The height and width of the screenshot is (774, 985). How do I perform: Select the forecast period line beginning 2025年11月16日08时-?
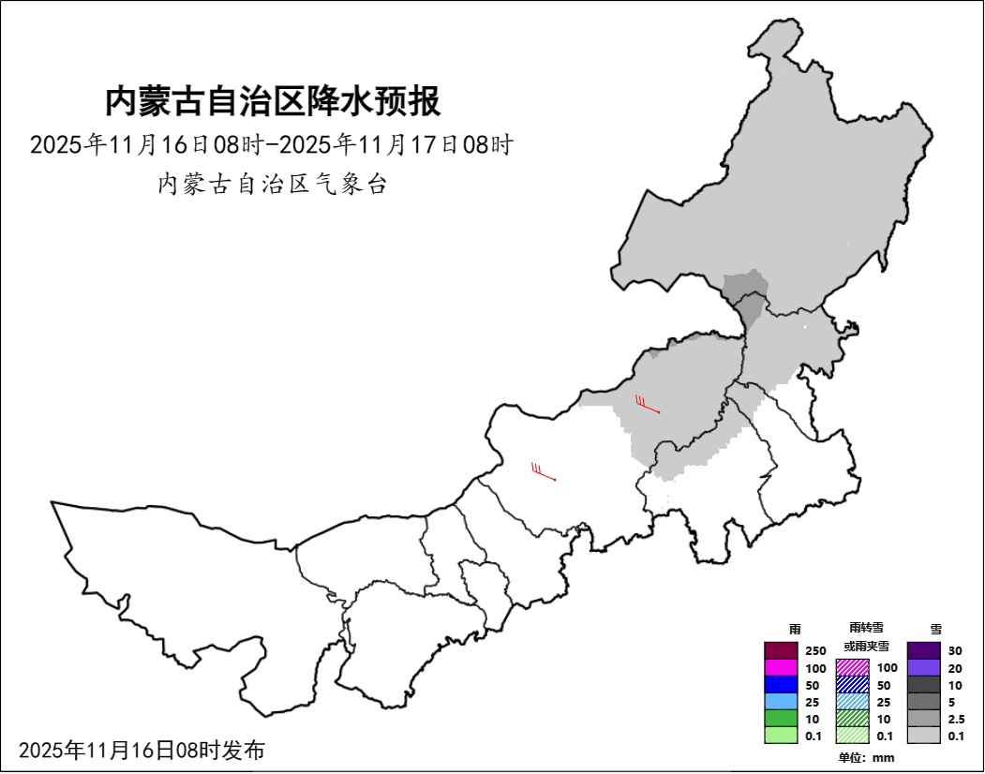click(x=272, y=145)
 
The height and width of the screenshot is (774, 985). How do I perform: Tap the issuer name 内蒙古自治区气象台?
click(x=272, y=185)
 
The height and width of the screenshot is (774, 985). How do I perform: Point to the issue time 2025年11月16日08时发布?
click(x=142, y=750)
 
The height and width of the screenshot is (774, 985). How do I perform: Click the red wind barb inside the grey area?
click(x=648, y=406)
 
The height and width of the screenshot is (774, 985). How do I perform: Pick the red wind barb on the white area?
click(x=544, y=472)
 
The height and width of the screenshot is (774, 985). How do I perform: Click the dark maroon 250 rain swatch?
click(x=780, y=650)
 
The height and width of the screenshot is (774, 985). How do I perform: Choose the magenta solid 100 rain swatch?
click(x=780, y=668)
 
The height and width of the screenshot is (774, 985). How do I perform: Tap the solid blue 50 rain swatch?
click(x=780, y=685)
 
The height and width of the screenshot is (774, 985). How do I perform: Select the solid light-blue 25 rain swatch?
click(x=780, y=702)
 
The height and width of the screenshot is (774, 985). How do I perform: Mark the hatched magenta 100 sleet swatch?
click(x=852, y=668)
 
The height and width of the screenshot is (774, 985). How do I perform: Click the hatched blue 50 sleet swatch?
click(x=852, y=685)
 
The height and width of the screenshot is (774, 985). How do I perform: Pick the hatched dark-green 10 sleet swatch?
click(x=852, y=719)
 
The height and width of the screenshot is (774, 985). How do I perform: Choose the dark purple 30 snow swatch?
click(x=923, y=650)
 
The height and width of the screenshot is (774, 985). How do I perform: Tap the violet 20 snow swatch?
click(x=923, y=668)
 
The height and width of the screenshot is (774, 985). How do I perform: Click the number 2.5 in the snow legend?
click(x=956, y=720)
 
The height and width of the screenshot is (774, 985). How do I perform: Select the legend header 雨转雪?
click(x=866, y=628)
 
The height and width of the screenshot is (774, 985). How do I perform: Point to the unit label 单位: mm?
click(x=866, y=757)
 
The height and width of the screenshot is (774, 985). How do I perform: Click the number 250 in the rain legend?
click(x=815, y=651)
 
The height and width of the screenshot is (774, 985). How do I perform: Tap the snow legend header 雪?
click(x=935, y=629)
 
